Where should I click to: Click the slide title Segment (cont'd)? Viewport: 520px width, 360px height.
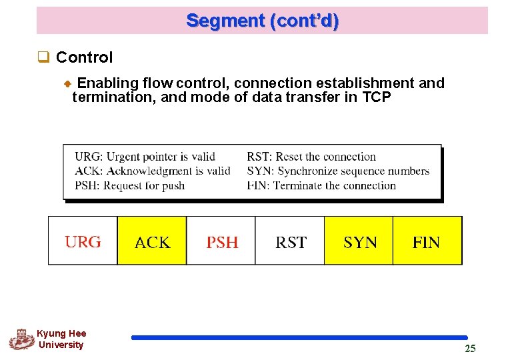tap(262, 21)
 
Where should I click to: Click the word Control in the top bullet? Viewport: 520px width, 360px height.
tap(85, 57)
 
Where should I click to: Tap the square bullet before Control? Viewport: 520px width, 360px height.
tap(44, 58)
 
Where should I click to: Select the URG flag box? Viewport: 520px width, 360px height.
tap(83, 241)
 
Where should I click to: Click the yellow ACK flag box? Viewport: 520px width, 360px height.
tap(152, 241)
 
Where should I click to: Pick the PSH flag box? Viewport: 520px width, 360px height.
tap(221, 241)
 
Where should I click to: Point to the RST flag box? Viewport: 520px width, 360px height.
tap(290, 241)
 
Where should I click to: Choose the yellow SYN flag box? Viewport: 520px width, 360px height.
tap(359, 241)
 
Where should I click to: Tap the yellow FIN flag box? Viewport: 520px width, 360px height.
tap(427, 241)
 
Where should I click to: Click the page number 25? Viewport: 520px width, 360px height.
tap(470, 349)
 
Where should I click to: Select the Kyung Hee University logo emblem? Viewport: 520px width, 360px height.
tap(21, 339)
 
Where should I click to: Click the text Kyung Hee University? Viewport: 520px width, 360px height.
tap(61, 339)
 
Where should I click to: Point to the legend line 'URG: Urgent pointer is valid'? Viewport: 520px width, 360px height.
tap(145, 157)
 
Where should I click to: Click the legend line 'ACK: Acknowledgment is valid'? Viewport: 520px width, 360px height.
tap(152, 171)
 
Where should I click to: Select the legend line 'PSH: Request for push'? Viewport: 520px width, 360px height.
tap(129, 185)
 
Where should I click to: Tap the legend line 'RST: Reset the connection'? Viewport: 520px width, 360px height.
tap(311, 157)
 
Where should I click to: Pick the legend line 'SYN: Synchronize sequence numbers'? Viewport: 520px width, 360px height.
tap(338, 171)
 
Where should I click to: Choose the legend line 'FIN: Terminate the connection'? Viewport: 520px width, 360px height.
tap(321, 185)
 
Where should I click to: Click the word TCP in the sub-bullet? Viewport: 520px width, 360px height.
tap(377, 98)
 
